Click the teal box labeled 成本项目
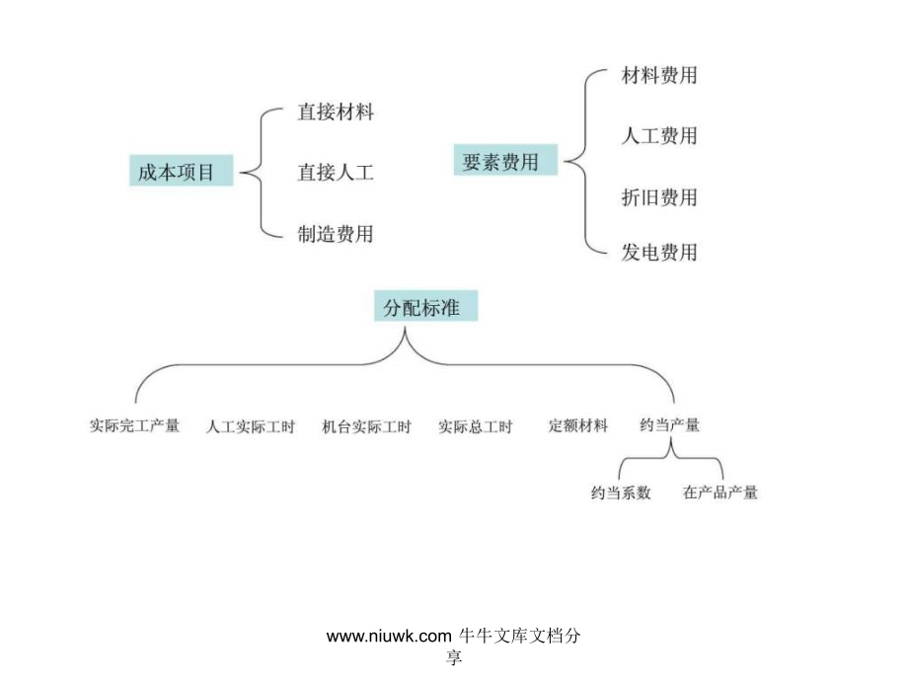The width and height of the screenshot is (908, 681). click(x=181, y=170)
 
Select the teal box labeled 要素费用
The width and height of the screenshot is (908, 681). click(x=505, y=160)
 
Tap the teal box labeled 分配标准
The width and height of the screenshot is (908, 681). click(x=425, y=306)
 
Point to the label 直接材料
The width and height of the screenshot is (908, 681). click(x=336, y=112)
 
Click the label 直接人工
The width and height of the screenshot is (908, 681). click(x=336, y=172)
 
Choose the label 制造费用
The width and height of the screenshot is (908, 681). click(x=336, y=234)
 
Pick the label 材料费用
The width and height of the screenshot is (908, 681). click(x=659, y=75)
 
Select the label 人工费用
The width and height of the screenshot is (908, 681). click(x=659, y=136)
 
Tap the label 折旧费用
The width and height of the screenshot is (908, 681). click(x=659, y=197)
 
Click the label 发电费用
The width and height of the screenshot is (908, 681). click(x=659, y=253)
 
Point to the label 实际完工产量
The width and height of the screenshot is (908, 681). click(x=134, y=425)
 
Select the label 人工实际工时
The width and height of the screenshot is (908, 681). click(x=251, y=426)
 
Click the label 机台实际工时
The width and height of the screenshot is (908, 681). click(x=366, y=426)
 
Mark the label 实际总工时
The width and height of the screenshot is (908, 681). click(x=476, y=426)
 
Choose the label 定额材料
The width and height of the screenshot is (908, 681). click(x=578, y=425)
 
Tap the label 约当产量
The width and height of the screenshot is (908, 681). click(x=670, y=425)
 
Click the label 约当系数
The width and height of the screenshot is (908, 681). click(x=621, y=492)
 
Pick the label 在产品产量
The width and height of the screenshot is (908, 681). click(x=720, y=492)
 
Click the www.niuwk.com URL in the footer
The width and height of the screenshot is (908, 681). click(x=389, y=636)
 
